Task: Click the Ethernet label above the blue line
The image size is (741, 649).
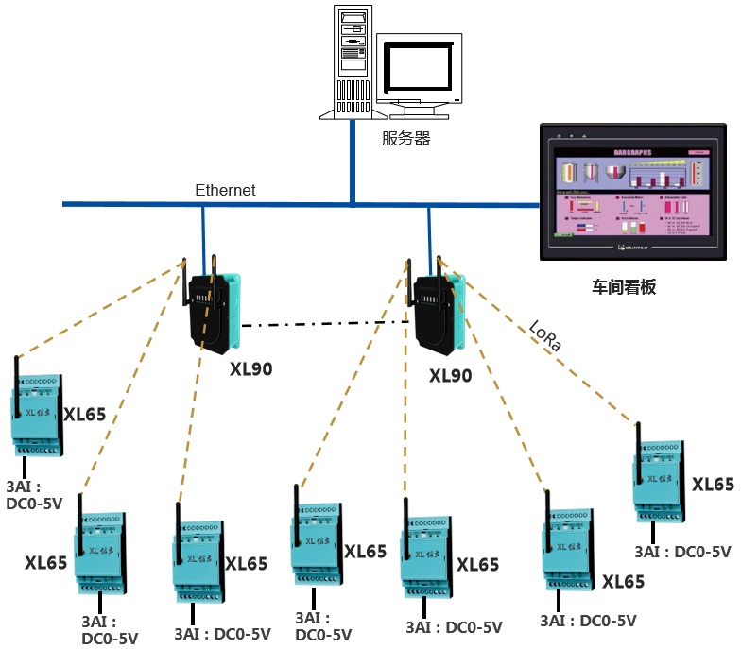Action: (225, 190)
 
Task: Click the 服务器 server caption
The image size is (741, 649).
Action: (405, 139)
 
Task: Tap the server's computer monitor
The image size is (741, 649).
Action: (421, 68)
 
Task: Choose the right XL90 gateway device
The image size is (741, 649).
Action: (438, 305)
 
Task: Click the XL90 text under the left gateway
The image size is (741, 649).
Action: (250, 368)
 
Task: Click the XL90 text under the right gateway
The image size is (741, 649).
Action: (450, 376)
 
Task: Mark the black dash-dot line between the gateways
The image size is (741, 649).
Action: (326, 324)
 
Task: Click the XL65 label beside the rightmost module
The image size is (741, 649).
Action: (713, 485)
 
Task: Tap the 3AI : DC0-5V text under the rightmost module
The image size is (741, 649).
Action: (682, 552)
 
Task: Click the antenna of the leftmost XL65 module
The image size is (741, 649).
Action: (17, 375)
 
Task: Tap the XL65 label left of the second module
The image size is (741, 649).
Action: (46, 563)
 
